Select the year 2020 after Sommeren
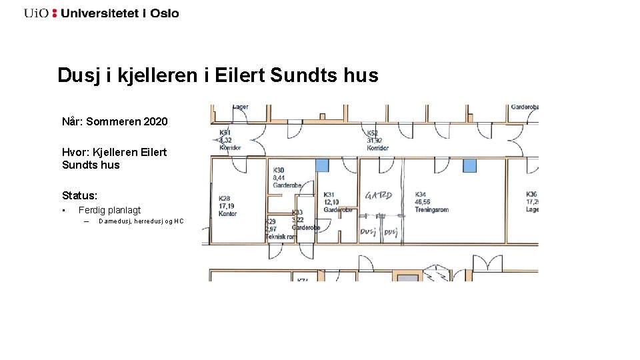click(x=155, y=121)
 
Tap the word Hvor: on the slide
click(x=76, y=152)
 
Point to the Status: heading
click(x=79, y=195)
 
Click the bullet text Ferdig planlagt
click(x=109, y=210)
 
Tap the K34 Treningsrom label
click(x=431, y=202)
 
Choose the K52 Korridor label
click(x=377, y=140)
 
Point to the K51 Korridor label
click(x=229, y=140)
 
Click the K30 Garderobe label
click(x=287, y=178)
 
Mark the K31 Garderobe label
click(x=337, y=202)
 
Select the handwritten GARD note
click(x=379, y=196)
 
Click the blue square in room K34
click(x=471, y=165)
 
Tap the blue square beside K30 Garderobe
click(x=322, y=165)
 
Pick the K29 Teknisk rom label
click(x=279, y=229)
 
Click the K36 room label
click(x=531, y=202)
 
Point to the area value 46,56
click(x=423, y=202)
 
